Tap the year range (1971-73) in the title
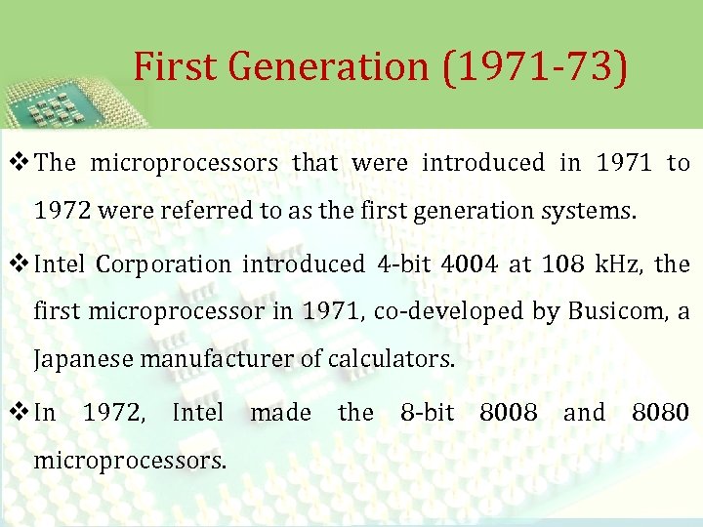coord(534,66)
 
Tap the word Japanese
coord(84,358)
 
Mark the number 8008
coord(508,413)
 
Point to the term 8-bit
coord(427,413)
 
